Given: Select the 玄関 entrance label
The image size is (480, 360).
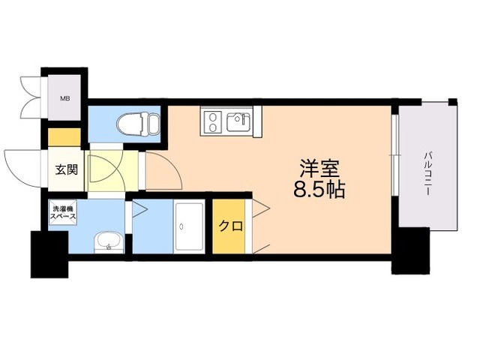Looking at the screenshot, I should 65,169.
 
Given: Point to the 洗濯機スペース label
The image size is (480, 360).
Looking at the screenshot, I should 62,211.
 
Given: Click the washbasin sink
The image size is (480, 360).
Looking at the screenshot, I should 109,241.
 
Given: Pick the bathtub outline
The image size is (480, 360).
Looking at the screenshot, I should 189,226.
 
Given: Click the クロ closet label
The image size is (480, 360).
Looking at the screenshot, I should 227,226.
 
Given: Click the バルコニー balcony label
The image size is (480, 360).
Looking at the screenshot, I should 427,172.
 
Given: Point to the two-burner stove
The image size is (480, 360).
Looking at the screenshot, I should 211,121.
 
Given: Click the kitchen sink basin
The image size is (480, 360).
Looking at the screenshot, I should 240,120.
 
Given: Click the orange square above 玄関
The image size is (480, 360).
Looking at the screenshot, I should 65,137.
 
